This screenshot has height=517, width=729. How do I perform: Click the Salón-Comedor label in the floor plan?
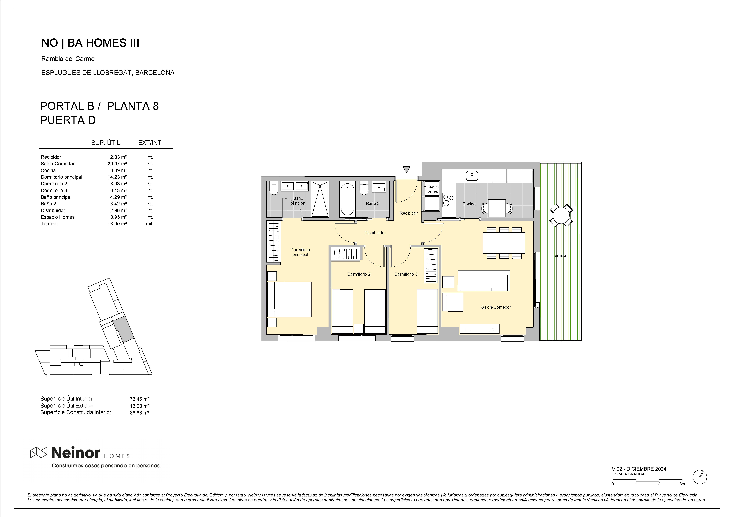[496, 307]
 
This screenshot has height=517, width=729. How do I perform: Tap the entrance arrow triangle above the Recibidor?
[406, 169]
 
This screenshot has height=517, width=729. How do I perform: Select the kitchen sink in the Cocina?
[472, 175]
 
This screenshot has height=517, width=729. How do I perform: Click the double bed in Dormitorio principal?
[289, 299]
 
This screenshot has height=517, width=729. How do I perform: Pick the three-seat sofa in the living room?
[484, 281]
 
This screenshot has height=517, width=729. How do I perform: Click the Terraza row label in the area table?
[49, 224]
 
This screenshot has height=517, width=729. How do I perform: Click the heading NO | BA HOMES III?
[90, 43]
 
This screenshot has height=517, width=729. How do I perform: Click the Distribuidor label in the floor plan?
[375, 233]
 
